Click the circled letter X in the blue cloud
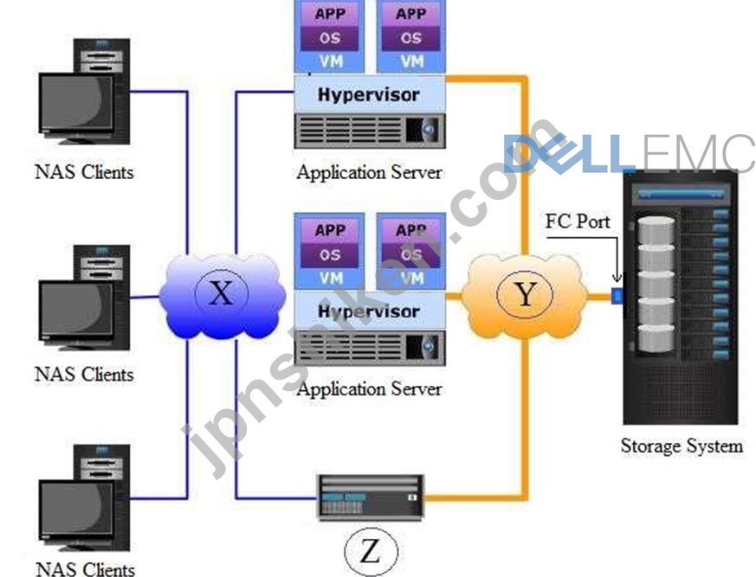[222, 293]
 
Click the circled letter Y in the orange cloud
[525, 293]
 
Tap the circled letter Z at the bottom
[371, 551]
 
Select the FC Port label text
[577, 221]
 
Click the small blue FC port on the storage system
[617, 295]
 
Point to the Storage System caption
[682, 446]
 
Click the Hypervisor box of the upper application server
[370, 94]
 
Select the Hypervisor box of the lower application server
[370, 311]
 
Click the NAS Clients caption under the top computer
[84, 172]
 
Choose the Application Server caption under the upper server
[369, 172]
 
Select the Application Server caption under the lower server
[369, 389]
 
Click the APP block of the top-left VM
[330, 14]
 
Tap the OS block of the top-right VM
[410, 38]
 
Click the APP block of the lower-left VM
[330, 230]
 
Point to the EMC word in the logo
[697, 153]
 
